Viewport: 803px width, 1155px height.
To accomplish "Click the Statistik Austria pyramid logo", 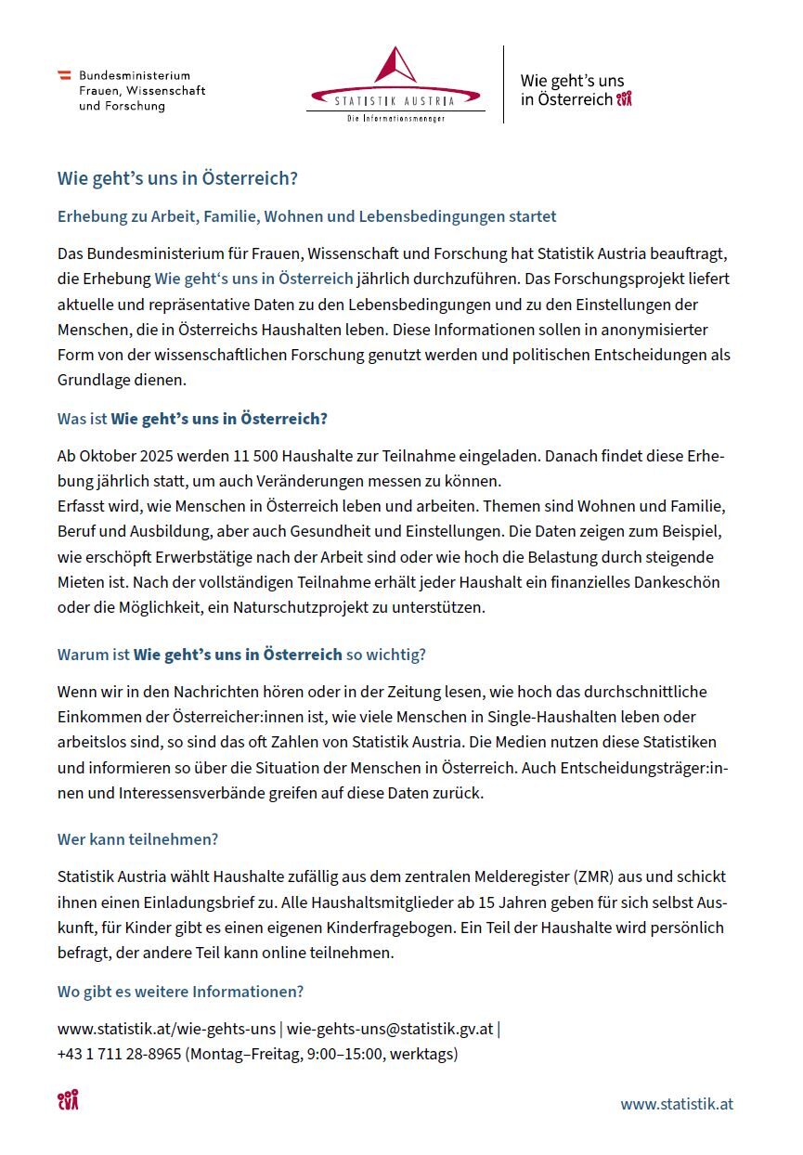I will point(395,66).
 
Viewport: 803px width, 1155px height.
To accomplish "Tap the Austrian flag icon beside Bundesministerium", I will point(65,75).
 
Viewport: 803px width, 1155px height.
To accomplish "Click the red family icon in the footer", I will point(68,1101).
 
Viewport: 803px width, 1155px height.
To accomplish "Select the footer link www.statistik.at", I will point(677,1104).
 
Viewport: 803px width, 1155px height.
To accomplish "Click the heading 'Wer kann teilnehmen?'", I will point(137,839).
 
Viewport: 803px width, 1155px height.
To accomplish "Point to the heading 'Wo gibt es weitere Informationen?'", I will point(180,992).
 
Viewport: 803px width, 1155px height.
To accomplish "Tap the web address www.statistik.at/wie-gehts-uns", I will point(166,1029).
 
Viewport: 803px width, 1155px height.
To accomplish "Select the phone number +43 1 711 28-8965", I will point(119,1054).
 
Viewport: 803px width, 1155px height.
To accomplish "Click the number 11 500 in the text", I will point(260,457).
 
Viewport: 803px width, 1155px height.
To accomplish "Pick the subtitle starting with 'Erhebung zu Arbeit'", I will point(306,216).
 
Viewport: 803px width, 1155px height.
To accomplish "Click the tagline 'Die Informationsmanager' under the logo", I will point(395,119).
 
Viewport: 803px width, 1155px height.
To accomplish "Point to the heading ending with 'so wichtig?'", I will point(241,655).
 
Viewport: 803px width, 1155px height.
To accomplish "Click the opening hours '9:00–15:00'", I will point(345,1054).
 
